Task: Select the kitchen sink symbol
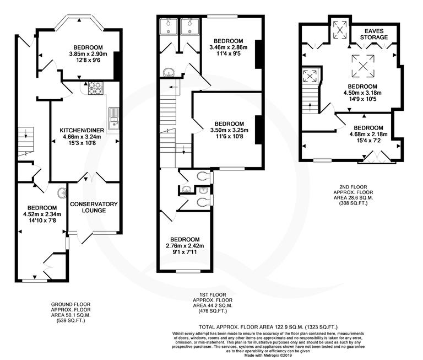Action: [115, 120]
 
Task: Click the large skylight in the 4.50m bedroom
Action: [363, 66]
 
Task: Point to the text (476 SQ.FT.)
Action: [210, 311]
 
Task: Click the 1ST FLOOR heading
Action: [210, 294]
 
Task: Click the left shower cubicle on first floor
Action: [167, 27]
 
